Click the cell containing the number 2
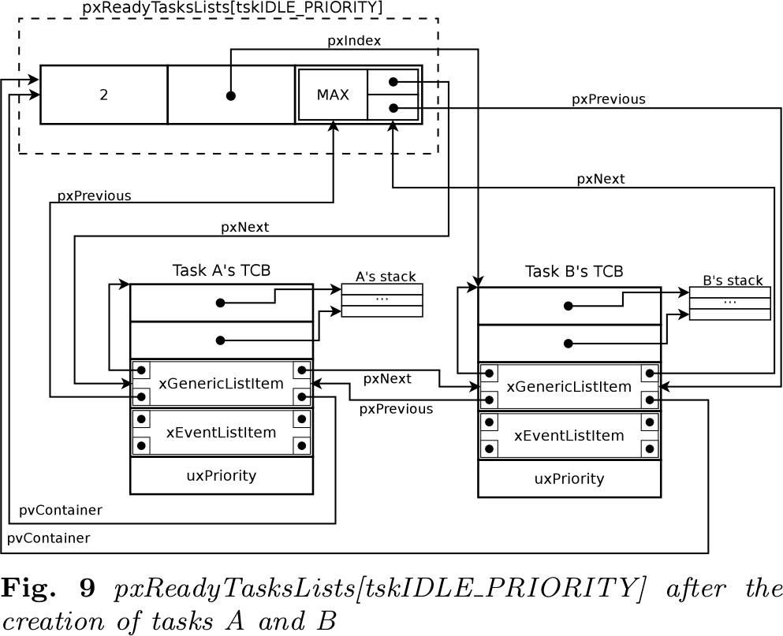[x=104, y=95]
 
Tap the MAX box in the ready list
[x=333, y=95]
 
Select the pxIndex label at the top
[x=354, y=41]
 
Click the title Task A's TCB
[x=222, y=270]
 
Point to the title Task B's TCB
[x=574, y=271]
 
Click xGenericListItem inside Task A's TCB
[x=222, y=383]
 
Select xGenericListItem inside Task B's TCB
[x=569, y=386]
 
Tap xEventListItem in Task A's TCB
[x=222, y=433]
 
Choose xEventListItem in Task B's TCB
[x=569, y=435]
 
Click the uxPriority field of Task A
[x=222, y=476]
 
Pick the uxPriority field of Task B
[x=569, y=478]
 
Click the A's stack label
[x=386, y=277]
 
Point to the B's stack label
[x=733, y=280]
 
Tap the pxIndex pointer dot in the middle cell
[x=231, y=96]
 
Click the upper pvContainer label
[x=61, y=510]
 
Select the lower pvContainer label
[x=48, y=538]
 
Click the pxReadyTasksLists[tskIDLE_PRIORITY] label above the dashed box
[x=232, y=8]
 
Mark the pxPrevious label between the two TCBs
[x=396, y=409]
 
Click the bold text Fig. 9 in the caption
[x=48, y=588]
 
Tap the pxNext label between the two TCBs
[x=387, y=379]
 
